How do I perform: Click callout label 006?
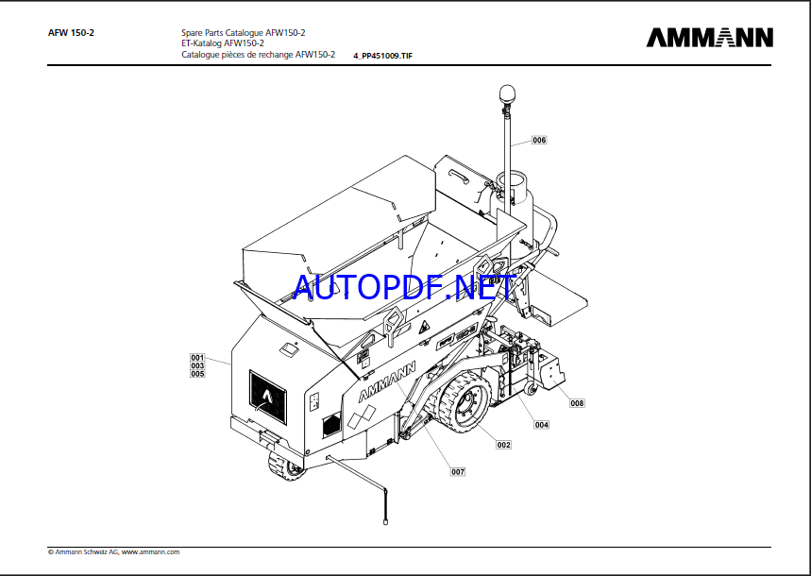click(x=539, y=140)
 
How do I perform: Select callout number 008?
click(x=577, y=403)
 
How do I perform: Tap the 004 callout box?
click(x=542, y=425)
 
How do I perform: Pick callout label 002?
click(x=503, y=445)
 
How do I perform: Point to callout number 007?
click(x=458, y=471)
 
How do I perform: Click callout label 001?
click(x=197, y=357)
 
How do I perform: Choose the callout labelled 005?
click(x=197, y=374)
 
